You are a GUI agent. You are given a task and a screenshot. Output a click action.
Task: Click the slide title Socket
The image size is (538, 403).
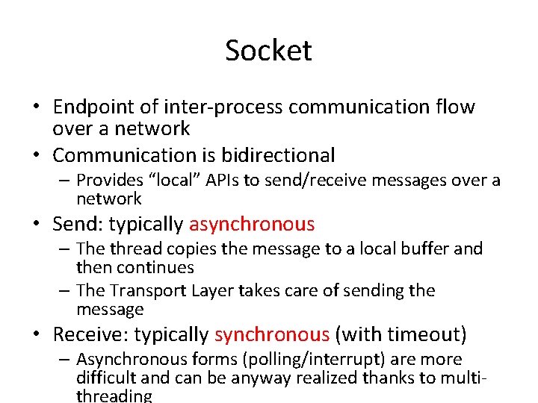(268, 51)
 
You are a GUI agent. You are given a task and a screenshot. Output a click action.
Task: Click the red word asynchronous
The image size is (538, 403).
(252, 224)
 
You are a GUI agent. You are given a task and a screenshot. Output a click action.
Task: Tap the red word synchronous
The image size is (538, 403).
(271, 335)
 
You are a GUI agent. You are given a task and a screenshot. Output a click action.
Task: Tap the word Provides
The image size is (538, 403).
(111, 180)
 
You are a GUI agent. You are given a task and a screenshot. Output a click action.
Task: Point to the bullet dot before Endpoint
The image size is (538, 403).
(36, 107)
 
